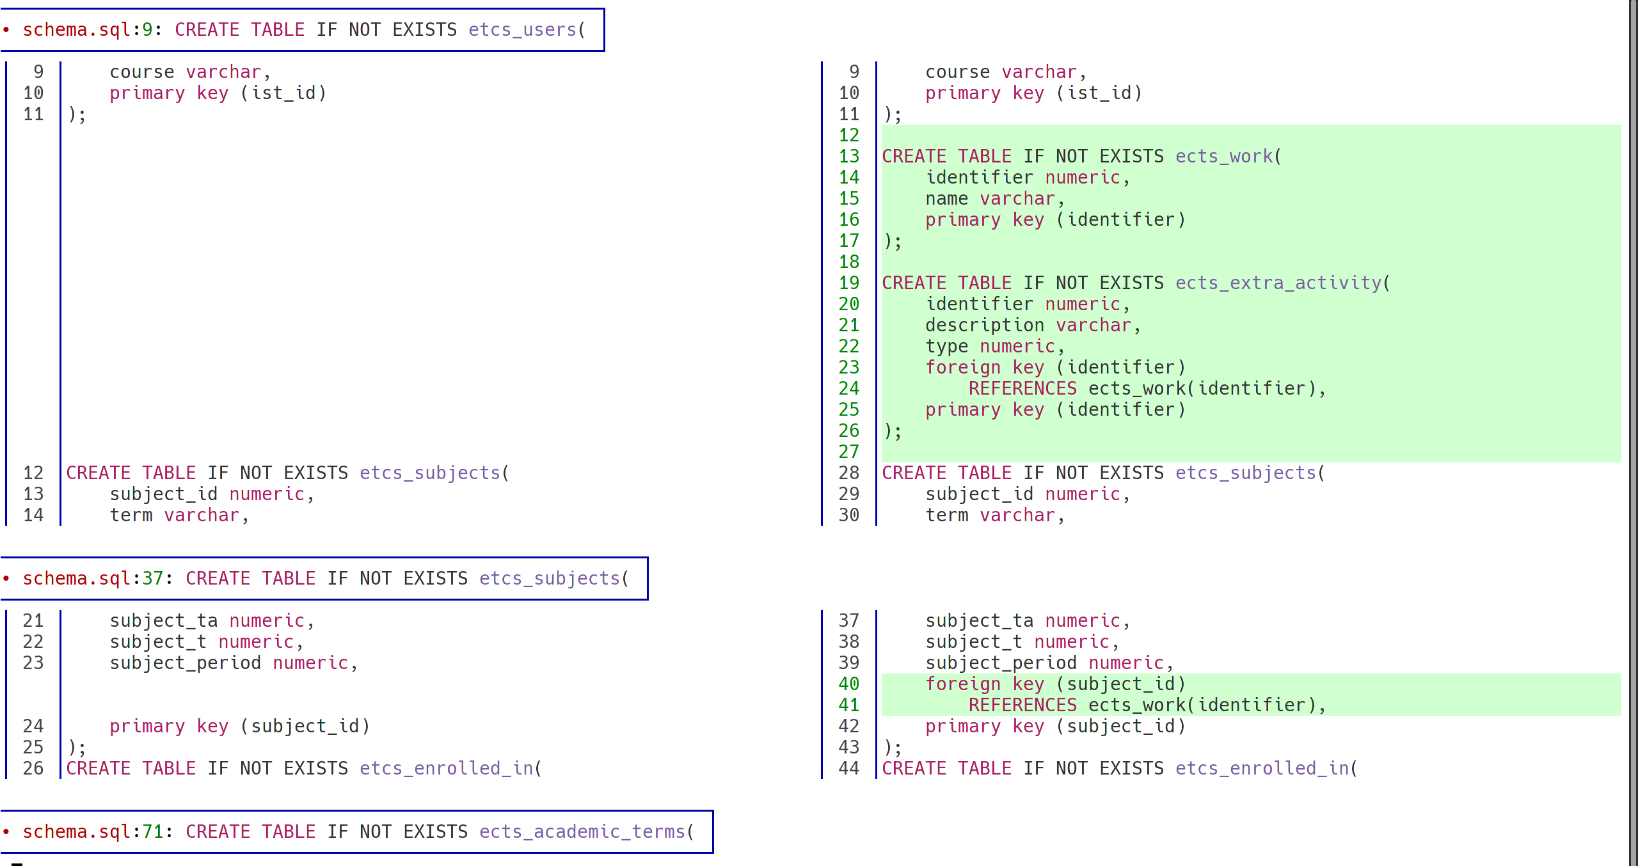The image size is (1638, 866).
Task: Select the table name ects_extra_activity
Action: coord(1278,283)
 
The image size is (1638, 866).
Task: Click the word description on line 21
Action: coord(984,326)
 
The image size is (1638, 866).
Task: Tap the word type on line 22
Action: coord(946,347)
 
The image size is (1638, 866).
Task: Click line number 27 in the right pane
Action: coord(848,452)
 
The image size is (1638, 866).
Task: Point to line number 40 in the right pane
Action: coord(848,684)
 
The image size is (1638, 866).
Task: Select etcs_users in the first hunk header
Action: coord(522,30)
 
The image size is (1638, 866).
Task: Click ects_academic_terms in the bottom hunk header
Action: coord(582,832)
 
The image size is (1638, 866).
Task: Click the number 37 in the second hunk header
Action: coord(152,579)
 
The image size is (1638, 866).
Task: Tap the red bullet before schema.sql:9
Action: coord(6,30)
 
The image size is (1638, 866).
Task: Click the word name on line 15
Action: coord(946,199)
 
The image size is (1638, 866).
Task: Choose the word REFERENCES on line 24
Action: coord(1022,389)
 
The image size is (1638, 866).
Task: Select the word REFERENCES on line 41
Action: coord(1022,705)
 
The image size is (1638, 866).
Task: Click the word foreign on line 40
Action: coord(962,684)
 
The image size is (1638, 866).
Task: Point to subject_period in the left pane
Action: coord(185,663)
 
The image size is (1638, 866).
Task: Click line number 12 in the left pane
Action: coord(33,473)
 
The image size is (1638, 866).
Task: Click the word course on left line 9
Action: coord(141,72)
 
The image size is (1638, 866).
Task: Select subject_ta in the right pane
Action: coord(979,621)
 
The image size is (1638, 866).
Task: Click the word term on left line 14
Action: coord(131,516)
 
